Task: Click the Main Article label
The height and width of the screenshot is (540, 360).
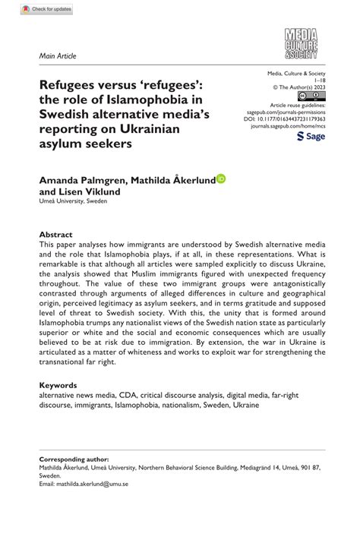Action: (x=58, y=55)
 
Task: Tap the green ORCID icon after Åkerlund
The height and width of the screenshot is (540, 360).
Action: (x=222, y=179)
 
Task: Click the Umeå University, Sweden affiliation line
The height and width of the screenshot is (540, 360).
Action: (x=74, y=202)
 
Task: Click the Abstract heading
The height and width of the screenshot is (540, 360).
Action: (x=55, y=235)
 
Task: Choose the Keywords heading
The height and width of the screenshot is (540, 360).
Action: (x=58, y=385)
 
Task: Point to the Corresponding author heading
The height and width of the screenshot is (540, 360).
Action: (x=74, y=459)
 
